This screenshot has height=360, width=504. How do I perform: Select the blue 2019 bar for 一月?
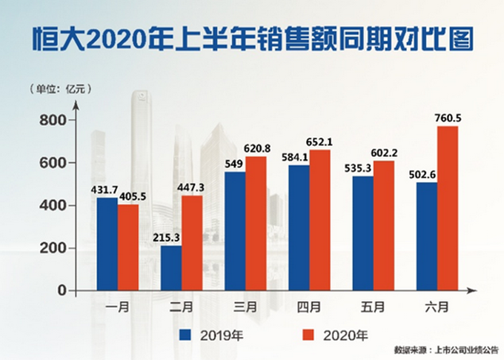coord(107,244)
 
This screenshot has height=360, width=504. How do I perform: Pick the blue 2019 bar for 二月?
coord(170,267)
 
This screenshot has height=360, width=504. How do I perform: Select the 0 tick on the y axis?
coord(62,291)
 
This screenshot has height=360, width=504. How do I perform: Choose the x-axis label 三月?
coord(245,306)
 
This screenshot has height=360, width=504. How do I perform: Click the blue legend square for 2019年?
coord(187,334)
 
